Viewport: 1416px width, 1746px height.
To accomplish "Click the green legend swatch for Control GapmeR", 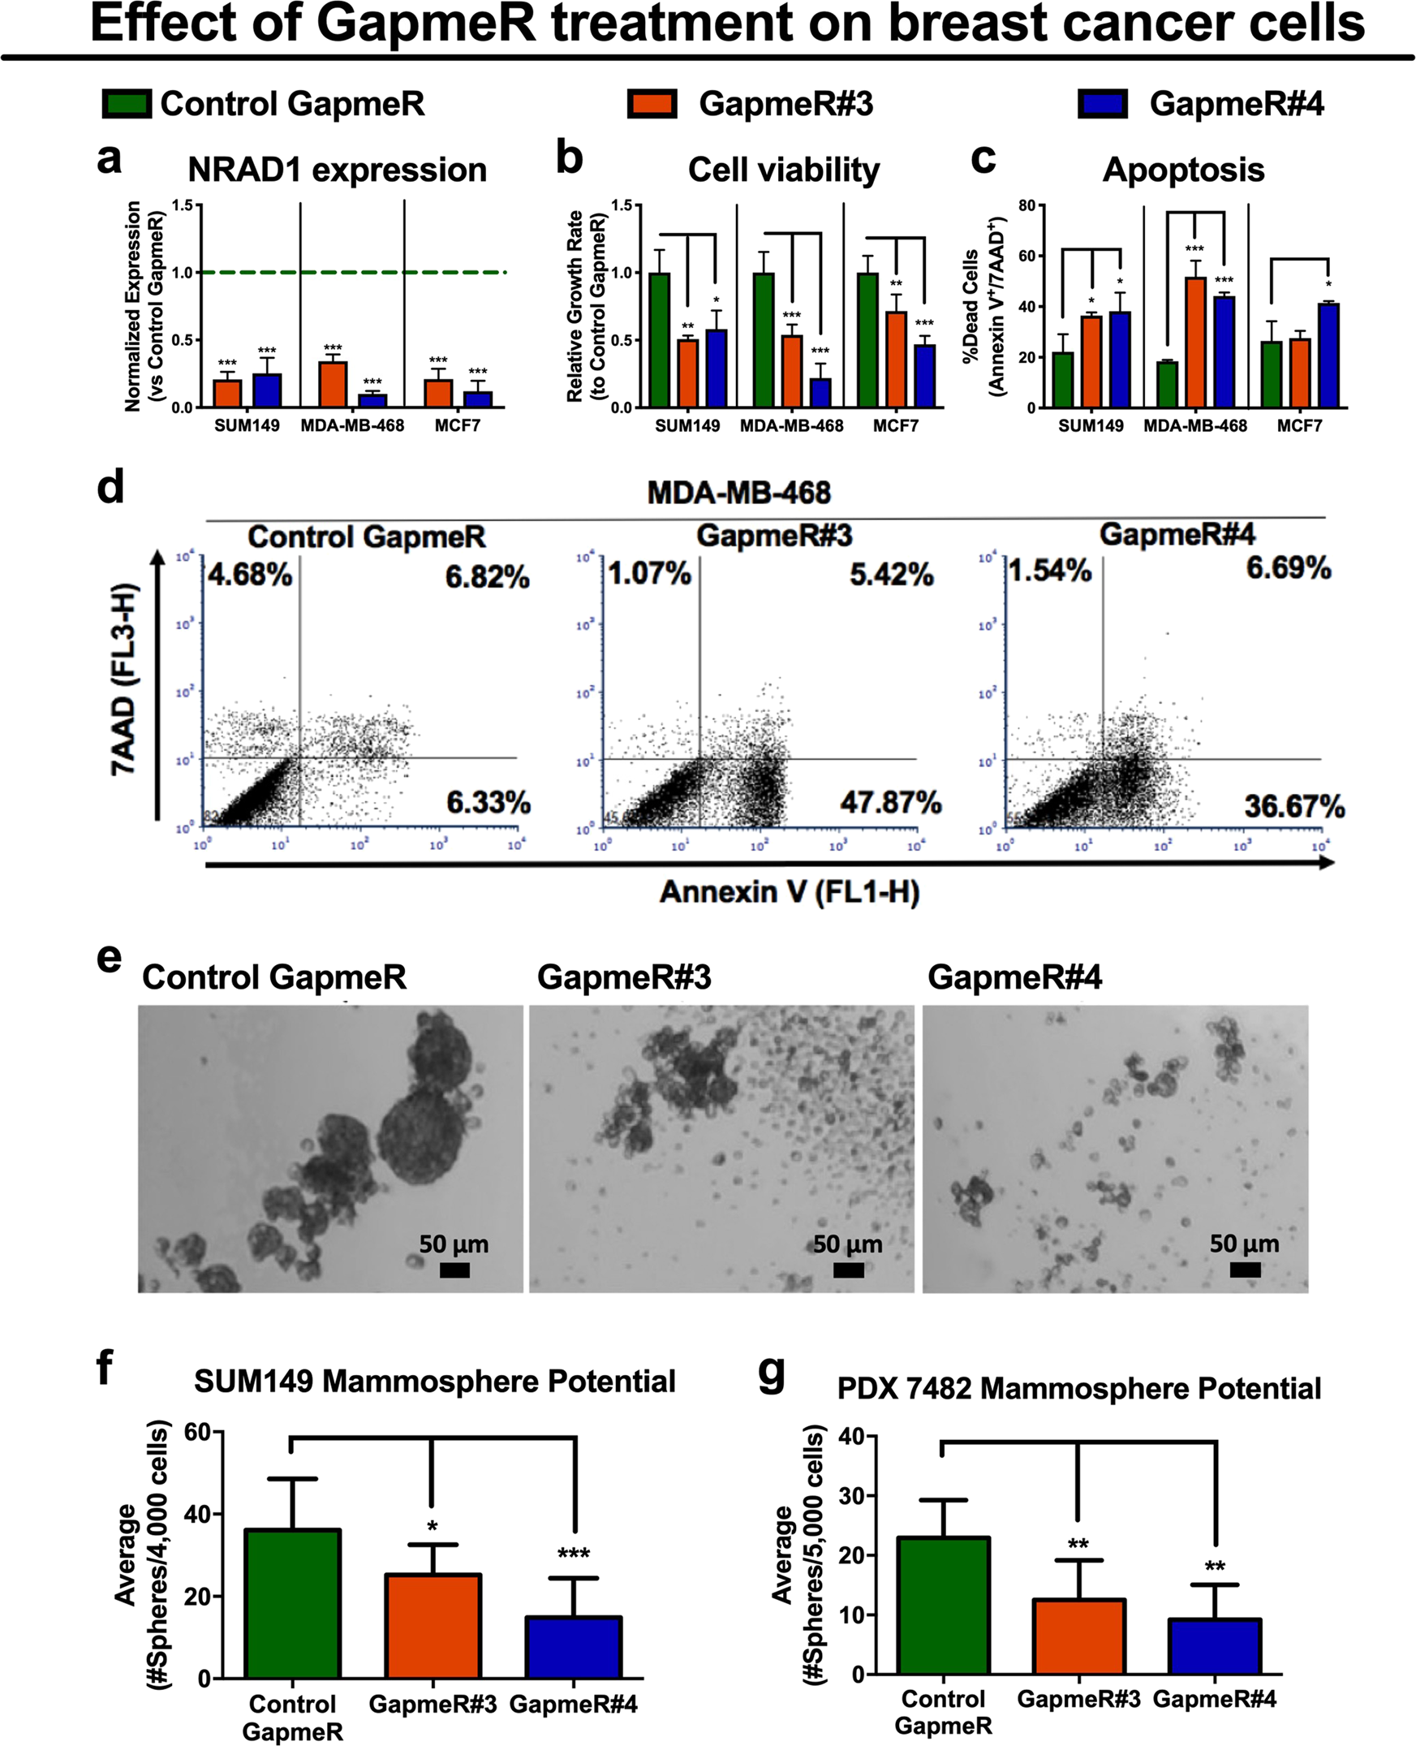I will pos(126,105).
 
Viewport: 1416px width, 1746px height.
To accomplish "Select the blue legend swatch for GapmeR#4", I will pos(1102,105).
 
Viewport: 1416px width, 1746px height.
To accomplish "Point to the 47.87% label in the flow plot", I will pos(891,803).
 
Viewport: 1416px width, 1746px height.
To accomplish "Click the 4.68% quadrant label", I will pos(250,576).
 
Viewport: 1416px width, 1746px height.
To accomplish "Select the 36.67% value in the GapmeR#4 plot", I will pos(1293,807).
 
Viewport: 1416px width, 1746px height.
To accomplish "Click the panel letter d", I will pos(110,487).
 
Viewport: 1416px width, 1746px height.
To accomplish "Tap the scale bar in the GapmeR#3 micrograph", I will pos(848,1270).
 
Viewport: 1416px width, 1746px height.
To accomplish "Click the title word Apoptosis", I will pos(1183,170).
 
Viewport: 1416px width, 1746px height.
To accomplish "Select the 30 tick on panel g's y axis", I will pos(852,1496).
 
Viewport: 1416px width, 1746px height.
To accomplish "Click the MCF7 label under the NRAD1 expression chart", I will pos(457,426).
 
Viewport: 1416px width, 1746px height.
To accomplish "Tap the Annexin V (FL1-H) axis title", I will pos(789,893).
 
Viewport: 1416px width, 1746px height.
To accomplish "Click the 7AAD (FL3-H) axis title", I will pos(123,679).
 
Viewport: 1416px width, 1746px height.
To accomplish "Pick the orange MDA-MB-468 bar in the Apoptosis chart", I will pos(1195,342).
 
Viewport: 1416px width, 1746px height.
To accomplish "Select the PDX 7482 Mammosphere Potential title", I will pos(1078,1389).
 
